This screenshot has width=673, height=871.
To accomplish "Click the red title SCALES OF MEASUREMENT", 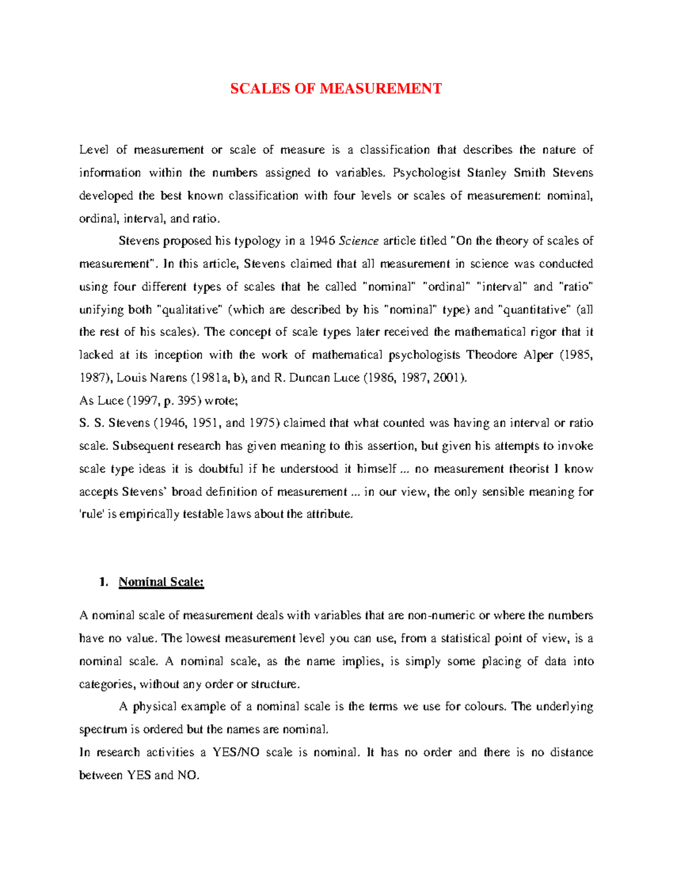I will tap(335, 89).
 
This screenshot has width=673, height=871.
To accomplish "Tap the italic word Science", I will tap(359, 241).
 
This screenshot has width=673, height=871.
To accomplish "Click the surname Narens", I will tap(168, 378).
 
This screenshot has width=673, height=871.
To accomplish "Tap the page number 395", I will tap(187, 401).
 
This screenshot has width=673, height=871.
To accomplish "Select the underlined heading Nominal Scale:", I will tap(161, 582).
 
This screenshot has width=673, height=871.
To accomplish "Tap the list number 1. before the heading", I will tap(103, 582).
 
